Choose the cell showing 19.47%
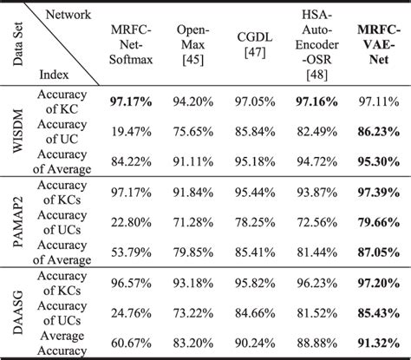click(x=133, y=132)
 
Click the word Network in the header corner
click(x=63, y=15)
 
